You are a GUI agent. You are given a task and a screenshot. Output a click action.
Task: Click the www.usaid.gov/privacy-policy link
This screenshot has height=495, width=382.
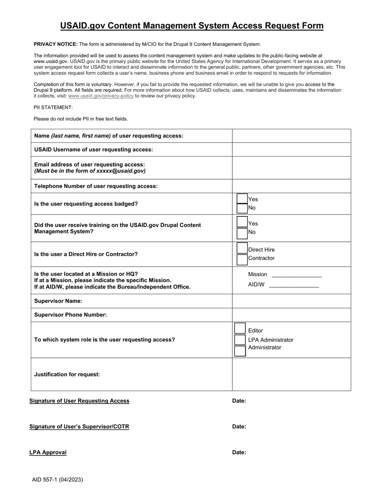tap(101, 96)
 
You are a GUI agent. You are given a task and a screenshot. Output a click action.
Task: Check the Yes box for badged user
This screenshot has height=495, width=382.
tap(242, 199)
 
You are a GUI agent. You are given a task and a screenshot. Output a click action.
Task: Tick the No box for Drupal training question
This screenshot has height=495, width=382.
tap(242, 233)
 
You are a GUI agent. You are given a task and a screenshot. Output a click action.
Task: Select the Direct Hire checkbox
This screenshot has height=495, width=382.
tap(242, 249)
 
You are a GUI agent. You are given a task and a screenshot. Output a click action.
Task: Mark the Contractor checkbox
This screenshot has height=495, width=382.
tap(242, 259)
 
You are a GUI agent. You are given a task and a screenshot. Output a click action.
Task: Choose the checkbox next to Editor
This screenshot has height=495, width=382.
tap(240, 329)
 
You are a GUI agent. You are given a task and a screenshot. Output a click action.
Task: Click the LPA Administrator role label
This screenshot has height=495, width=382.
tap(271, 340)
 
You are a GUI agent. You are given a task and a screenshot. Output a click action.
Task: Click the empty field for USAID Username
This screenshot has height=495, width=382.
tap(291, 150)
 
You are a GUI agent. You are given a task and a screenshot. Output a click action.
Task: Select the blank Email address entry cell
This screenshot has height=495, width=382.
tap(291, 168)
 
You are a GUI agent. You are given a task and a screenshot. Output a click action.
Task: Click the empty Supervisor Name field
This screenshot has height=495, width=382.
tap(291, 301)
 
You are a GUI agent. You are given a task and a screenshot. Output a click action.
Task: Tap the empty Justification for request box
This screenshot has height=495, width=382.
tap(291, 374)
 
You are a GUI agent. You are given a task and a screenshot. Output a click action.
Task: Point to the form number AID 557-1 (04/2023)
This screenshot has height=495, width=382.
tap(58, 479)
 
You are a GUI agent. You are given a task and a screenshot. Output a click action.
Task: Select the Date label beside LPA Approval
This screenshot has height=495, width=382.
tap(239, 452)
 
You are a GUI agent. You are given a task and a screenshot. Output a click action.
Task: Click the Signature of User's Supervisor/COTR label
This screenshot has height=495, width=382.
tap(79, 427)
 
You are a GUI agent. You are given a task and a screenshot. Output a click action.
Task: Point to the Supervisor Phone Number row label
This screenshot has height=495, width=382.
tap(70, 315)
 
